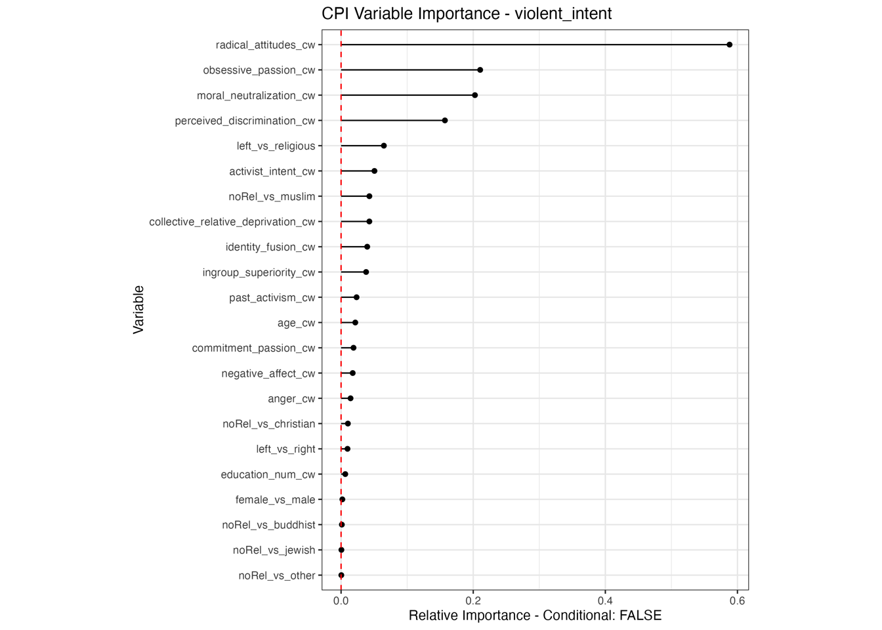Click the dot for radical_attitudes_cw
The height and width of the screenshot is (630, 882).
[x=729, y=45]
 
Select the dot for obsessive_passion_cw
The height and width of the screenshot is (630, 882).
[x=480, y=70]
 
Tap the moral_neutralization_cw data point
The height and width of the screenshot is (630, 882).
[x=474, y=95]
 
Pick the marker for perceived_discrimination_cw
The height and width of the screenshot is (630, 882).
[x=444, y=121]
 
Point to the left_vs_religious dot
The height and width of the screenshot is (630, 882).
[x=383, y=146]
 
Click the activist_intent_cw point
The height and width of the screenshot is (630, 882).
[x=374, y=171]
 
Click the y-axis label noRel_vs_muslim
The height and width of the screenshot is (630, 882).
[x=272, y=197]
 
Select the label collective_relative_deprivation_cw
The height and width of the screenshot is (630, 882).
[x=232, y=222]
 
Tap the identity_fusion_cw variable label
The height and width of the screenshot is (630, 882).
[x=270, y=247]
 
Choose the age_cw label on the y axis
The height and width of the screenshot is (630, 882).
[x=296, y=323]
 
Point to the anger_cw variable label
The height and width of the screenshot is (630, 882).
[x=291, y=399]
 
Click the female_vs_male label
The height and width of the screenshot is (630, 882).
[x=275, y=500]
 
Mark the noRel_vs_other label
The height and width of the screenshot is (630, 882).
[x=276, y=576]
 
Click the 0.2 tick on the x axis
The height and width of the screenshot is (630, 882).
[x=473, y=600]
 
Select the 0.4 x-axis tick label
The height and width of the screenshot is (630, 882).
[x=605, y=600]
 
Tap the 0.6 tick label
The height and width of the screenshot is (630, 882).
[x=737, y=600]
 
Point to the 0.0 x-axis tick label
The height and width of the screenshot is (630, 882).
[x=341, y=600]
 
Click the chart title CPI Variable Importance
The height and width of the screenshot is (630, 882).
[x=467, y=14]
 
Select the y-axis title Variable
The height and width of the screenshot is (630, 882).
[x=138, y=310]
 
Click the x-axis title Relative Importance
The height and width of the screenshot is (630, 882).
[x=535, y=616]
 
